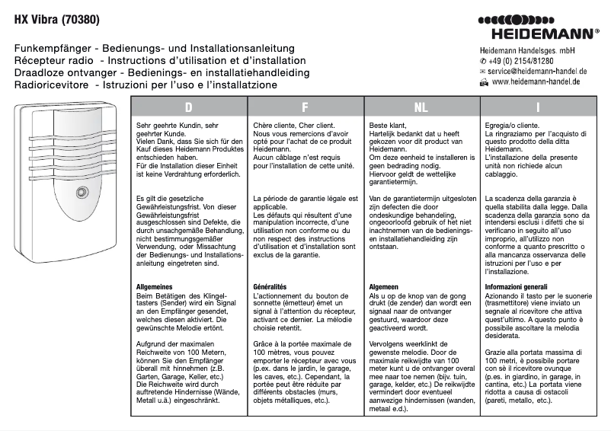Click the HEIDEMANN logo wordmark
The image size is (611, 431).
[x=545, y=34]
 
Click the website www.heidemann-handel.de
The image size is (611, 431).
[x=536, y=81]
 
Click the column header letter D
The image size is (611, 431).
[x=188, y=107]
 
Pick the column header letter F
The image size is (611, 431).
[x=305, y=107]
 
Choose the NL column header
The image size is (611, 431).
[x=421, y=107]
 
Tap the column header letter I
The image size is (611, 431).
[x=538, y=107]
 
